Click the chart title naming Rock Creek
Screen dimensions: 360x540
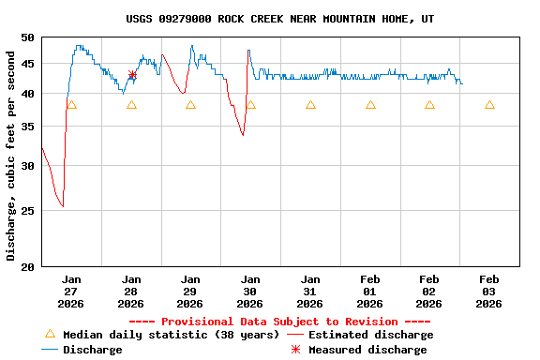pyautogui.click(x=279, y=19)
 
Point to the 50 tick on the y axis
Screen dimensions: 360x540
pyautogui.click(x=26, y=37)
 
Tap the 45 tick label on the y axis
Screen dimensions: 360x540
pyautogui.click(x=26, y=64)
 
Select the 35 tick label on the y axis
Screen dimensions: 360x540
pyautogui.click(x=26, y=127)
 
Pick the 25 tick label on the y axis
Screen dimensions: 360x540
pyautogui.click(x=26, y=211)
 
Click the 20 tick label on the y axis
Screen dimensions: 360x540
pyautogui.click(x=26, y=267)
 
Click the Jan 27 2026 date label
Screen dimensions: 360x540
pyautogui.click(x=71, y=292)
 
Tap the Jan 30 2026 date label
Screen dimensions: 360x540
pyautogui.click(x=250, y=292)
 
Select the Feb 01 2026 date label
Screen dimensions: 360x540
pyautogui.click(x=369, y=292)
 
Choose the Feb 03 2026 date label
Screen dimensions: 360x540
pyautogui.click(x=488, y=292)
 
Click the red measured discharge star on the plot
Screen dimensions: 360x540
pyautogui.click(x=132, y=75)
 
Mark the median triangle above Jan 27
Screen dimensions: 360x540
pyautogui.click(x=71, y=105)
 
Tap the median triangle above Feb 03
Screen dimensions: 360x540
pyautogui.click(x=489, y=105)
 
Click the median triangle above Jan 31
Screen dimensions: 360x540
pyautogui.click(x=310, y=105)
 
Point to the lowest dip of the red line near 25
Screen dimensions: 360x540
pyautogui.click(x=62, y=206)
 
